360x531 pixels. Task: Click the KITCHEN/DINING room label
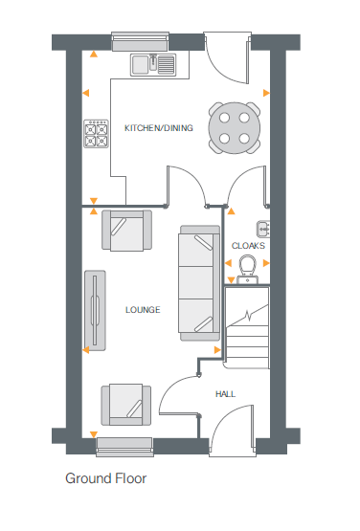[x=159, y=127]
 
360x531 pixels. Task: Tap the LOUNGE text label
[x=142, y=310]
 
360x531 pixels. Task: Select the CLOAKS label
[x=248, y=246]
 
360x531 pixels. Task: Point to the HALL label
[x=225, y=393]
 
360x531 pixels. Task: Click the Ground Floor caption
[x=105, y=477]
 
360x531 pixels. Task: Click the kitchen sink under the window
[x=153, y=64]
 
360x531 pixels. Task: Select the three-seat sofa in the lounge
[x=199, y=282]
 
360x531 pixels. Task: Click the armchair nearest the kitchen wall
[x=127, y=231]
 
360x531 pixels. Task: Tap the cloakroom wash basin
[x=262, y=228]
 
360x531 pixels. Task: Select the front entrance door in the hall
[x=230, y=427]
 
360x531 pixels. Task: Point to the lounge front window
[x=125, y=443]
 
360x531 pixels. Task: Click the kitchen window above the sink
[x=140, y=41]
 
